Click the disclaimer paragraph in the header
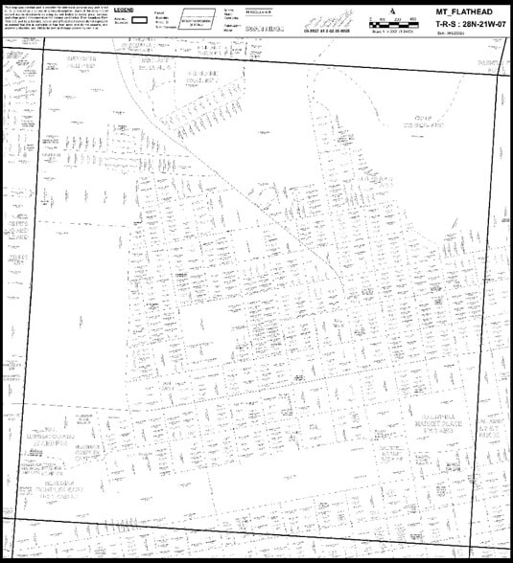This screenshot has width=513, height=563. (x=53, y=16)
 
